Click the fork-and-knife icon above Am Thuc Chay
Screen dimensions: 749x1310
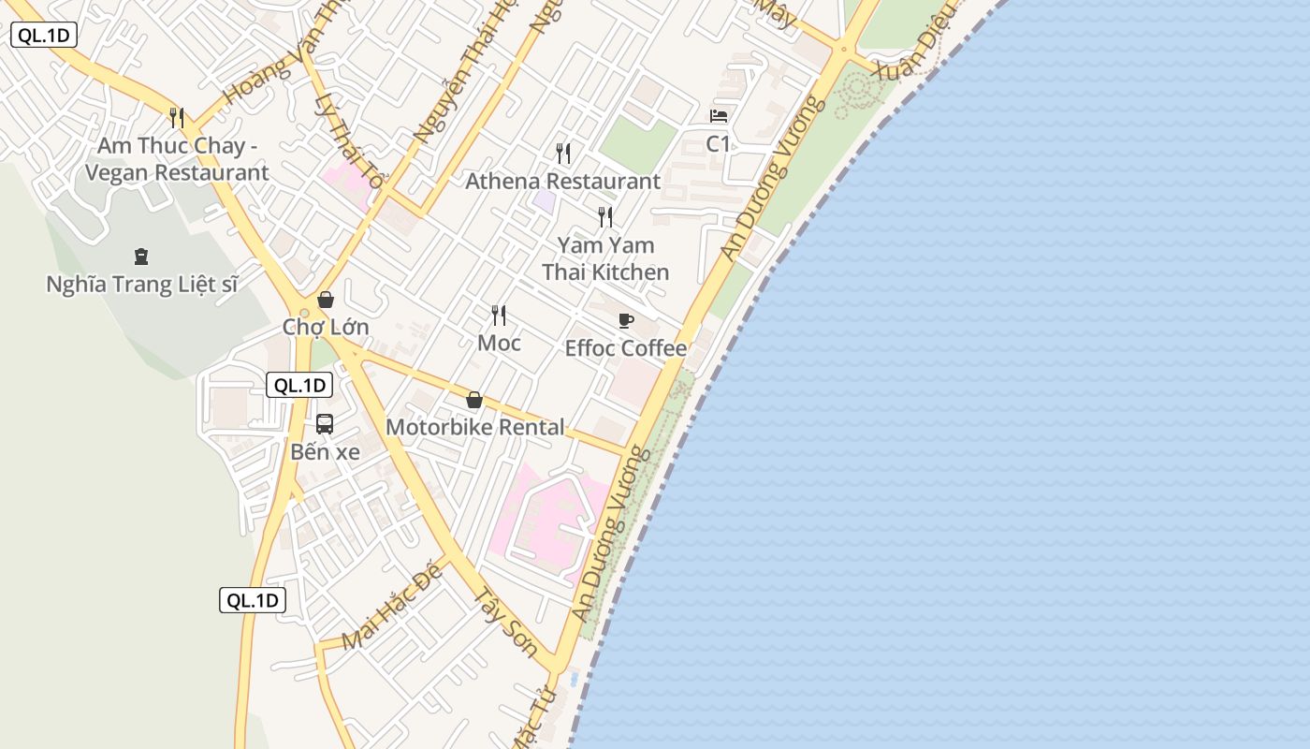tap(177, 117)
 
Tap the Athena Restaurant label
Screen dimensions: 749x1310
tap(562, 181)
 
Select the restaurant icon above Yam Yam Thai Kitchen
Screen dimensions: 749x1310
tap(605, 217)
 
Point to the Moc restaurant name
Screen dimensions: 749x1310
tap(499, 343)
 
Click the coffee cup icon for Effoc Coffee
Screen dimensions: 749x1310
tap(626, 321)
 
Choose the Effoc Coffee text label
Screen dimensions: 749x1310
tap(625, 348)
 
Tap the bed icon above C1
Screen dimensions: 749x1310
tap(719, 116)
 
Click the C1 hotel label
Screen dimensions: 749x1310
tap(718, 144)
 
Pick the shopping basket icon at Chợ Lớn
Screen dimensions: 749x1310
tap(326, 300)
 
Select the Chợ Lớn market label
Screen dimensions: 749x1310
tap(326, 327)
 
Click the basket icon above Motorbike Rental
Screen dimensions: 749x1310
tap(474, 400)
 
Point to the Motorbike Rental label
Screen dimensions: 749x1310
tap(474, 427)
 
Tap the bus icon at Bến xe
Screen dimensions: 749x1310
tap(325, 423)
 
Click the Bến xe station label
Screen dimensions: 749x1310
tap(325, 451)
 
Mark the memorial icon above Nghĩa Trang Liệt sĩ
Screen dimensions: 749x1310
tap(141, 256)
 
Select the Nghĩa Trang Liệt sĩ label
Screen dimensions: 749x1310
tap(142, 284)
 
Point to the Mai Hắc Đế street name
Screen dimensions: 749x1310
tap(391, 609)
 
